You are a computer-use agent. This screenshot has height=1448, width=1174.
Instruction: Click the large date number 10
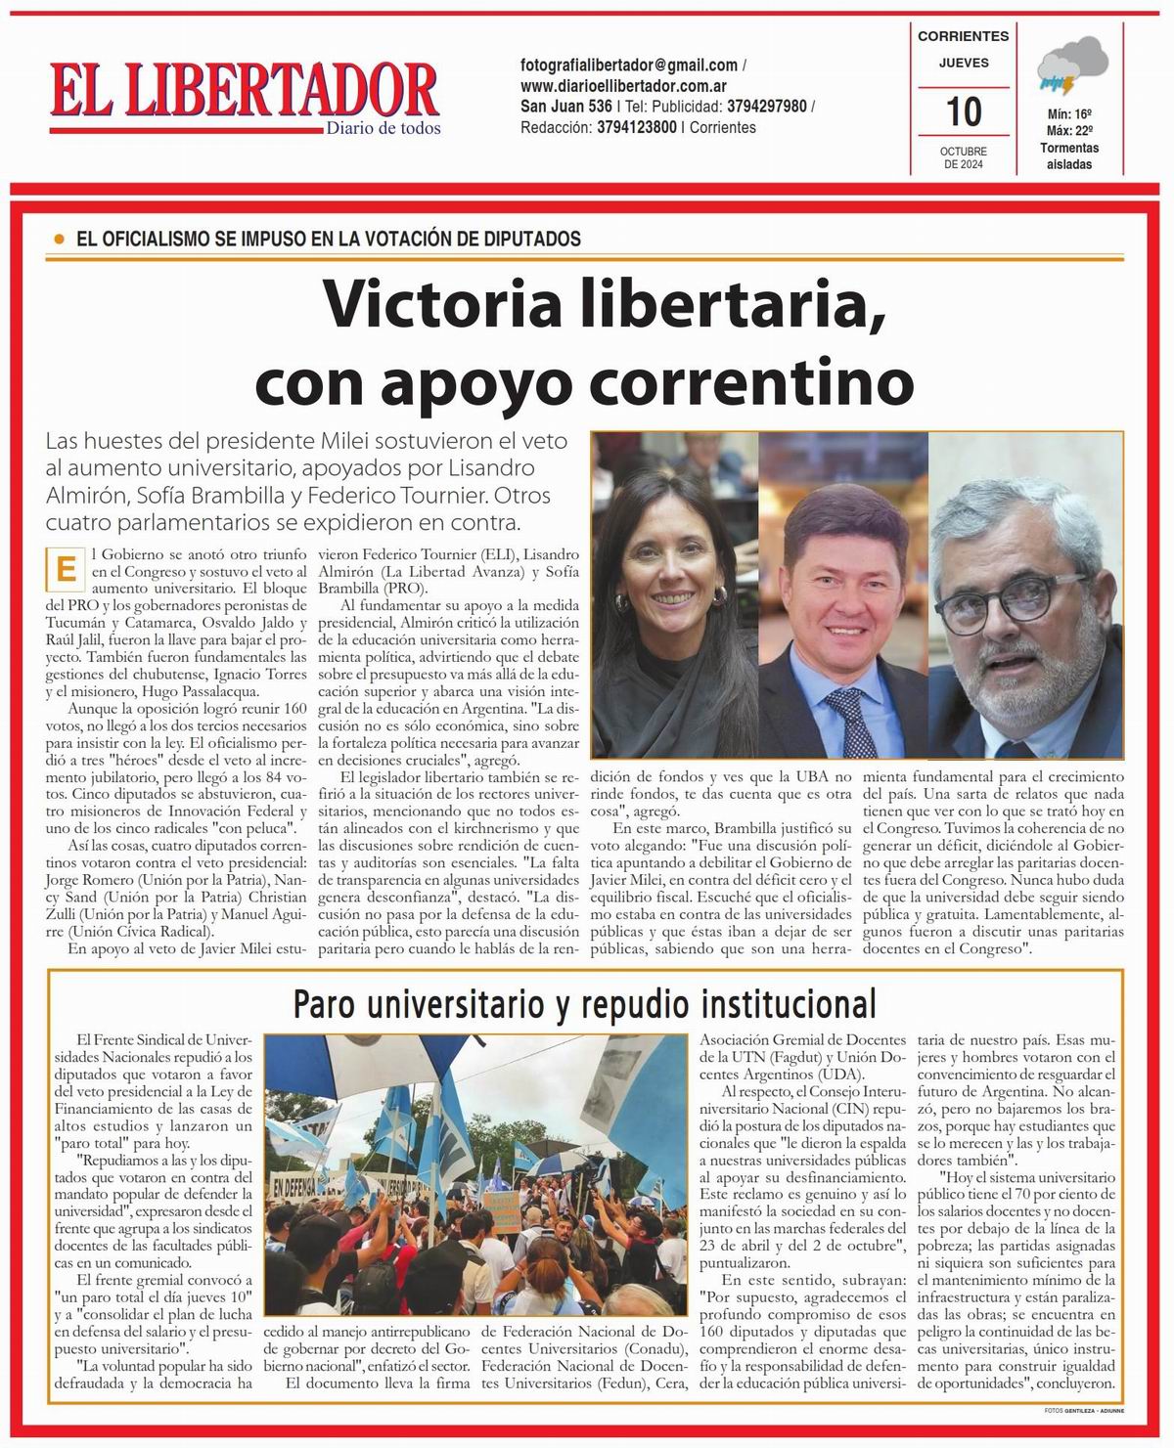tap(965, 111)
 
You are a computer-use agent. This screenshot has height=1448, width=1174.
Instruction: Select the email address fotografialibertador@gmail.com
tap(629, 66)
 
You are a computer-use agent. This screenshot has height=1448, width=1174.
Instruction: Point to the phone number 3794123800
tap(637, 127)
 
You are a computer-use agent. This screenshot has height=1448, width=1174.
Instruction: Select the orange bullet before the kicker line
tap(60, 239)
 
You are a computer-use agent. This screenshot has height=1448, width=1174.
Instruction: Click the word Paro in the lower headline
tap(331, 1003)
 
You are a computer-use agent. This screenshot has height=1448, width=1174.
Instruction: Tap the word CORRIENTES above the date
tap(963, 36)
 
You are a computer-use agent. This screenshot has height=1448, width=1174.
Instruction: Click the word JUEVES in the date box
tap(963, 63)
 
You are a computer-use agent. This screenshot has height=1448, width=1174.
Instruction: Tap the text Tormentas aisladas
tap(1069, 156)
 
